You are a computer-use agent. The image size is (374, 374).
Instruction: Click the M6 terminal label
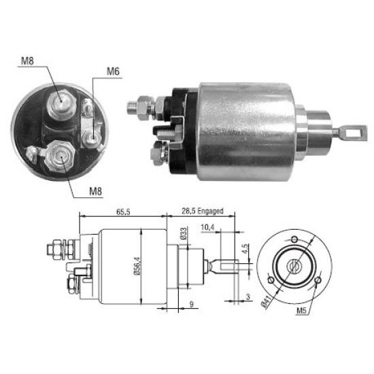[x=113, y=71]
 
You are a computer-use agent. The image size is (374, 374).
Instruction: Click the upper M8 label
[x=27, y=61]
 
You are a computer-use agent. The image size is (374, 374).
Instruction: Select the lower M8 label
[x=95, y=191]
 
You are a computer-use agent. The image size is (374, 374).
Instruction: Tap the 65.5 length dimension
[x=123, y=211]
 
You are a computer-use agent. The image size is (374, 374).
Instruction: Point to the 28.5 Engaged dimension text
[x=203, y=211]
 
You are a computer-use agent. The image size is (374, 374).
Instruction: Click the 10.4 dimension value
[x=207, y=228]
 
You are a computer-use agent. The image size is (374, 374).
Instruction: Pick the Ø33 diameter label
[x=184, y=233]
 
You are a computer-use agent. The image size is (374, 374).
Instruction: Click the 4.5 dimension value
[x=245, y=249]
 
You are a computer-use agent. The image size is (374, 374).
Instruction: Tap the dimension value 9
[x=191, y=304]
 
